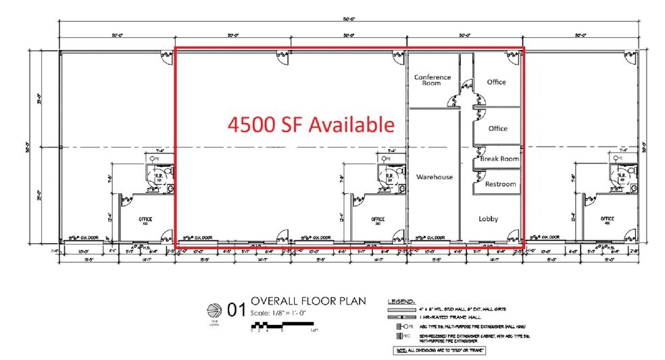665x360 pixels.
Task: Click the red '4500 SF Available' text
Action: click(x=311, y=125)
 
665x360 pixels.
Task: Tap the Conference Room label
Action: click(x=432, y=80)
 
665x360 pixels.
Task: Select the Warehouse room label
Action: click(x=434, y=177)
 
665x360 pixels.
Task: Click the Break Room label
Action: click(x=499, y=159)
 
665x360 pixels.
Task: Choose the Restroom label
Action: click(x=500, y=184)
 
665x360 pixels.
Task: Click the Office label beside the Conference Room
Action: click(x=497, y=82)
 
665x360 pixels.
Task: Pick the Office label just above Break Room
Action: click(x=498, y=128)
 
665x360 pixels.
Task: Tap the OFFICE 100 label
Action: click(x=145, y=221)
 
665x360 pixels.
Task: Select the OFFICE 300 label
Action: click(x=378, y=221)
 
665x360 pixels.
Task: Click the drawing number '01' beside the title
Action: click(x=235, y=310)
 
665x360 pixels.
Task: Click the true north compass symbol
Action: click(x=213, y=310)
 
